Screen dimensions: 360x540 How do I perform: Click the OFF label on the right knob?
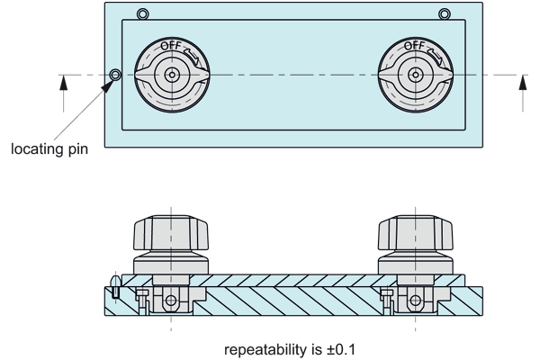coord(414,45)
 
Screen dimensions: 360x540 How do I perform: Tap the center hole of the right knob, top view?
coord(412,75)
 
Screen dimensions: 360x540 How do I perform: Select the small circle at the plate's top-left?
coord(142,13)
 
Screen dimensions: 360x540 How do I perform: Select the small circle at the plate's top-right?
coord(444,13)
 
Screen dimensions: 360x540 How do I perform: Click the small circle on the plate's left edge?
coord(114,75)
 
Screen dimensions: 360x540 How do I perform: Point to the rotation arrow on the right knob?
coord(434,53)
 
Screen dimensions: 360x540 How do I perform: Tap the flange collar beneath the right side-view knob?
coord(412,266)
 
